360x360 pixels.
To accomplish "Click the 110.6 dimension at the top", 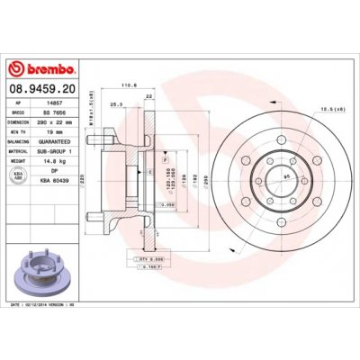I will click(x=127, y=86).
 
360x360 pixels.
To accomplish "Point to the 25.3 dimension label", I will click(x=114, y=103).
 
